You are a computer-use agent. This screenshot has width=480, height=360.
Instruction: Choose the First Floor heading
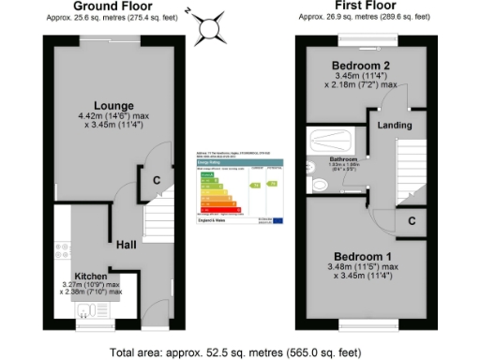(x=363, y=7)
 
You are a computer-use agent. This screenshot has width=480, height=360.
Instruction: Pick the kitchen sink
(x=92, y=312)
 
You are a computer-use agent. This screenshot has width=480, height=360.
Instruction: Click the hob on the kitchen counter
(x=65, y=251)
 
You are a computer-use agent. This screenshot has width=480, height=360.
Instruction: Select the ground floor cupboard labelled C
(x=156, y=179)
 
